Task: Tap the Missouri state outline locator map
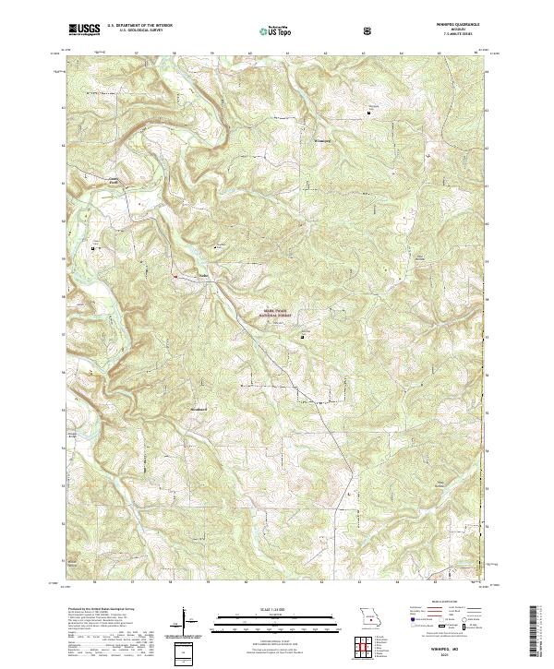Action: [368, 616]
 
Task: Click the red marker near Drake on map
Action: [175, 274]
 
